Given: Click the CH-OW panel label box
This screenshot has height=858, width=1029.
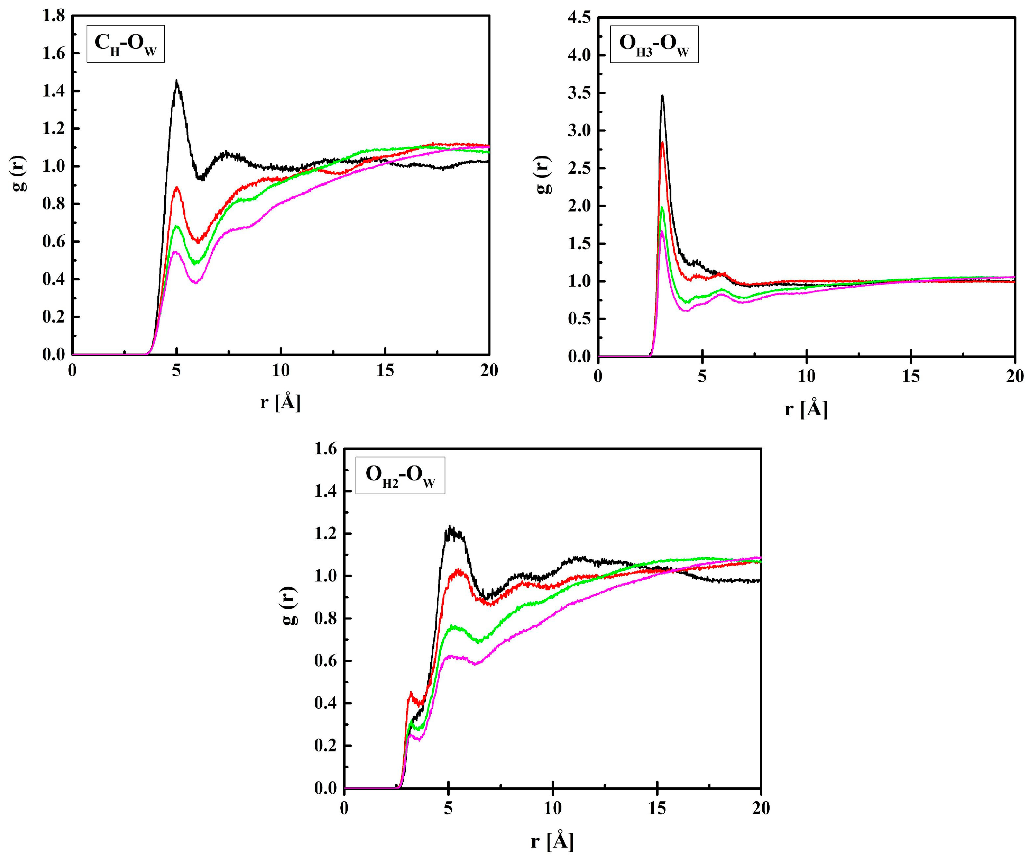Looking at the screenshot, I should coord(126,44).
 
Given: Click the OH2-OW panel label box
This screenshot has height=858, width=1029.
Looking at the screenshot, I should coord(400,475).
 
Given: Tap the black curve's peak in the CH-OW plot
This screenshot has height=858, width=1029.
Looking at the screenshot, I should coord(176,81).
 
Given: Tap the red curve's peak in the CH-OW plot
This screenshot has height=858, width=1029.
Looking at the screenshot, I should coord(177,187).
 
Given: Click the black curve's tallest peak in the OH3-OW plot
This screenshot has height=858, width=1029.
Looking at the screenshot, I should coord(662,97).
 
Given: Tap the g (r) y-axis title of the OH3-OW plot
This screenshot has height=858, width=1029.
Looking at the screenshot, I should coord(543,175).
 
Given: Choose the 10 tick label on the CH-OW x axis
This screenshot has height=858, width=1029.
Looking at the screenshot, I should coord(281,371).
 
